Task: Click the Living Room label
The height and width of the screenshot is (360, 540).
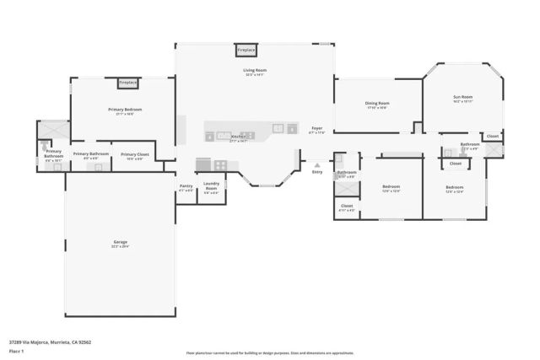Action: click(255, 71)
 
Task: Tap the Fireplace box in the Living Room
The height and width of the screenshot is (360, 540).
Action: click(246, 51)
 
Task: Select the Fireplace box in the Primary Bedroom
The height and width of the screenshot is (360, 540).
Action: click(127, 83)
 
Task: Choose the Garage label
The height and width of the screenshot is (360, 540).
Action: click(121, 242)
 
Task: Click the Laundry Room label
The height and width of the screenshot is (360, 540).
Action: click(211, 186)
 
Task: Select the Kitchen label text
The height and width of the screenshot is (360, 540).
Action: click(238, 137)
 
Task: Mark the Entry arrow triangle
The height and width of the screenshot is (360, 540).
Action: click(316, 165)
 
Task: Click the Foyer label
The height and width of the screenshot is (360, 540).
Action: click(316, 128)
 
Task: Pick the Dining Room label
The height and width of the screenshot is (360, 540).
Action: click(377, 104)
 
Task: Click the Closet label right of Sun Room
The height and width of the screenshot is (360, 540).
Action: click(493, 136)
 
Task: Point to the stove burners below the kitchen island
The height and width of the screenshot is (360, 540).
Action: click(205, 164)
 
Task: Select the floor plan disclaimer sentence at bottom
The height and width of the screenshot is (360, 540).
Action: click(269, 353)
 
